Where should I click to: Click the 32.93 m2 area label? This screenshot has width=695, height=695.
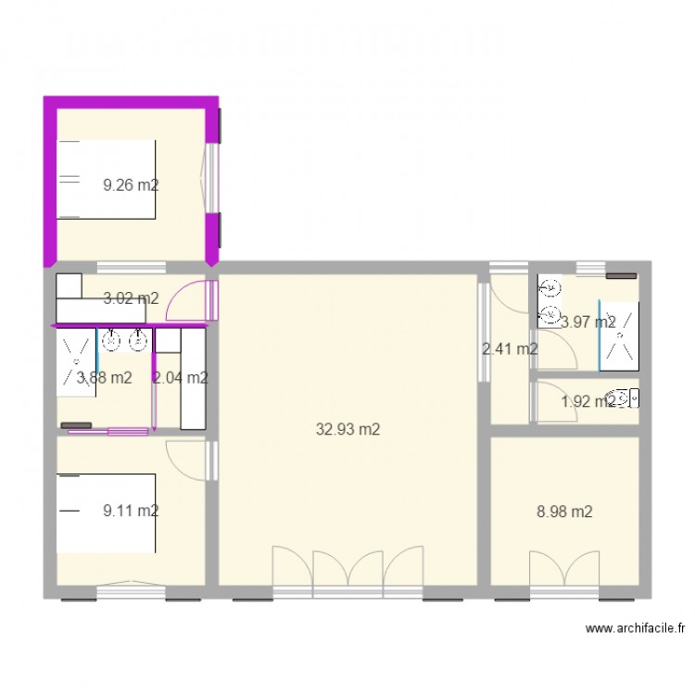point(347,429)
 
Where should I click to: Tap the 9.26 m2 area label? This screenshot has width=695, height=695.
point(131,184)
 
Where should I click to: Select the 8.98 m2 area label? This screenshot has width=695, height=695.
point(564,511)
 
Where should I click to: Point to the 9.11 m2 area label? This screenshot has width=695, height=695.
point(131,510)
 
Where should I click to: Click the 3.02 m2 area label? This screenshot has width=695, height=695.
point(131,298)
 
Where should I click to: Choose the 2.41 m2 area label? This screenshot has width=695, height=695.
point(511,349)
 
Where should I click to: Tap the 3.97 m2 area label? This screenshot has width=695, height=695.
point(588,322)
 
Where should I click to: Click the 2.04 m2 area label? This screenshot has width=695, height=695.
point(180,377)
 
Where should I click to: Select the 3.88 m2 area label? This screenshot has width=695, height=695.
point(104,377)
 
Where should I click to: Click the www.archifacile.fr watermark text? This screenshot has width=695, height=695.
point(635,628)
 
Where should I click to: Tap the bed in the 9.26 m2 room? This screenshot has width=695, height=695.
point(106,180)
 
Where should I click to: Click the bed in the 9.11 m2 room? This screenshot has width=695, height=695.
point(106,513)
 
